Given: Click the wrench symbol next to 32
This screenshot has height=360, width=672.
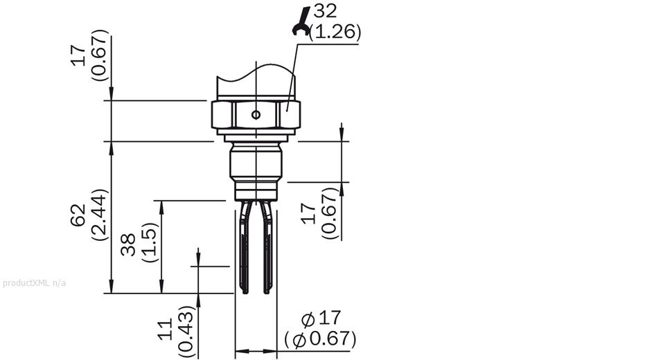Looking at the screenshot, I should tap(301, 19).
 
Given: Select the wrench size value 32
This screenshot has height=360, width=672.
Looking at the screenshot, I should tap(326, 12).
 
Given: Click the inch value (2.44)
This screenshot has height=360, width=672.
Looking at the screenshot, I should tap(98, 215).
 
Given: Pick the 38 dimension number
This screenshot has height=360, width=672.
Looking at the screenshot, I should tap(128, 244).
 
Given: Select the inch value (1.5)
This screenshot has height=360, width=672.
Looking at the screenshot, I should tap(148, 244).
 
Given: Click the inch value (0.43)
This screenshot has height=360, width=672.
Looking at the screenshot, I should tap(185, 331).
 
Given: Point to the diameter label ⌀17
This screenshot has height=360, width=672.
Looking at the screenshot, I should tap(322, 318).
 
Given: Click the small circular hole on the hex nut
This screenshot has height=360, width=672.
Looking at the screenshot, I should tap(256, 114).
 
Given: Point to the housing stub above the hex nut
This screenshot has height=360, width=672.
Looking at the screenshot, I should tap(256, 83).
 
